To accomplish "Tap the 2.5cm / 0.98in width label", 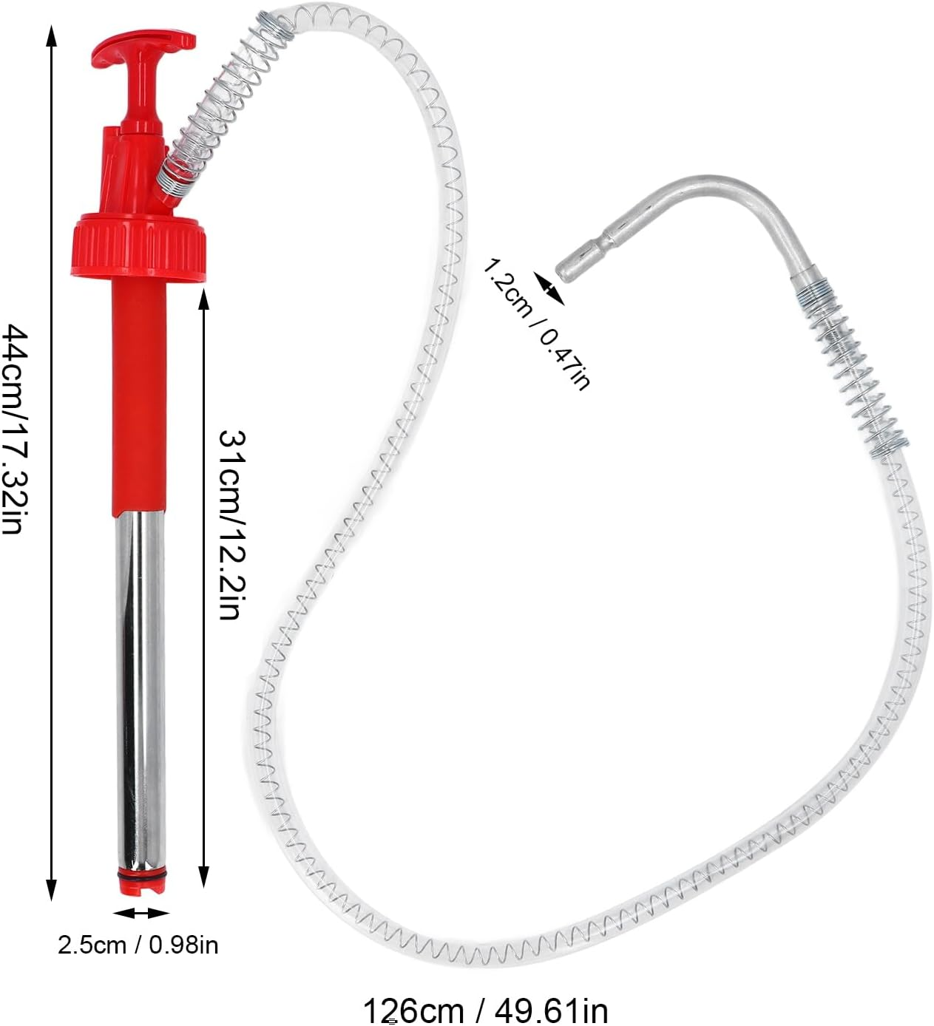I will [138, 944].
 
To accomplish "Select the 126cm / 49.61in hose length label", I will [484, 1009].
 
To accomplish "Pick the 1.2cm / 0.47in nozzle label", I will [537, 323].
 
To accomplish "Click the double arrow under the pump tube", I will [141, 913].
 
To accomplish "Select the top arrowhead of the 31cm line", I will [203, 300].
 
